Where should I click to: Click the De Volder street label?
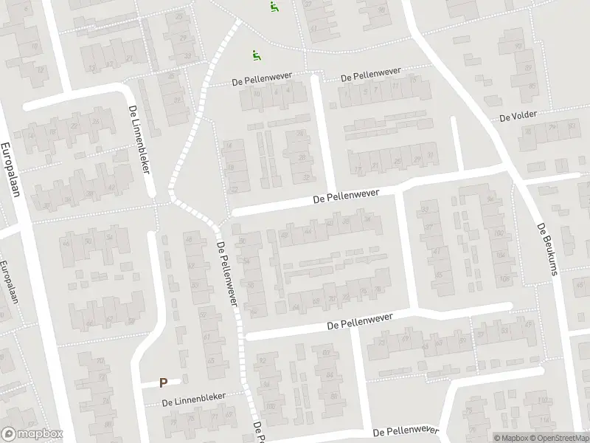click(518, 117)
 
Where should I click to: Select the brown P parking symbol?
click(164, 382)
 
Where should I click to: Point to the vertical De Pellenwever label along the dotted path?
click(228, 273)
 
